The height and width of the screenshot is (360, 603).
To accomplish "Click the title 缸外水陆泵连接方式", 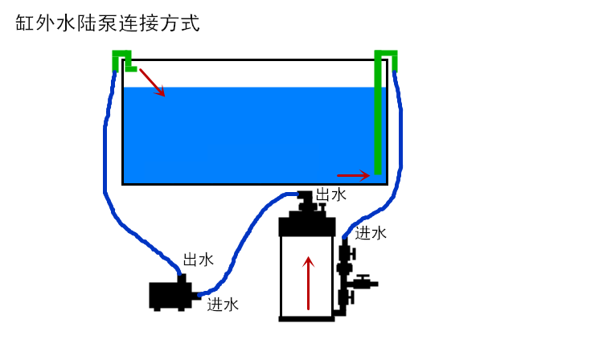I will pos(107,23).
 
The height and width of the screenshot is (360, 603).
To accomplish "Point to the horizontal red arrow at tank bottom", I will pos(353,174).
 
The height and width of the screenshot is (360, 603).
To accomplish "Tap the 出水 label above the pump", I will pos(199,260).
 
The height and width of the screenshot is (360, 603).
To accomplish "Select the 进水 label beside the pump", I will pos(223,304).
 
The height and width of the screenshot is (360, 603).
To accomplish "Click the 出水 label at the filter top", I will pos(330,194).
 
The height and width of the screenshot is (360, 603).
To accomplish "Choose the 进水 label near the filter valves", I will pos(371,233).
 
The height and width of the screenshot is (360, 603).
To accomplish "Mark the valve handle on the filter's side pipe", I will pos(367,282).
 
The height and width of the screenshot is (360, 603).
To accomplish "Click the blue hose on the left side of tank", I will pos(106,161).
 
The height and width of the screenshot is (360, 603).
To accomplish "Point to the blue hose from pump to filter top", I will pos(241,241).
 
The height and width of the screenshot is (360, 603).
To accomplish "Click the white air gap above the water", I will pos(257,73).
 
